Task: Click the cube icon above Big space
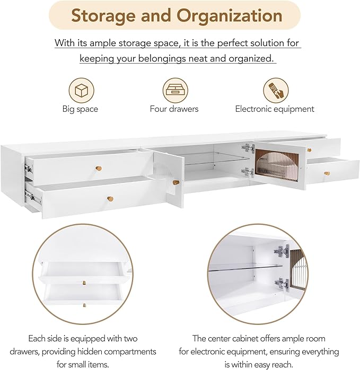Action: tap(82, 90)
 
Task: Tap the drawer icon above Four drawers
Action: tap(175, 90)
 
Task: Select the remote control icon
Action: tap(276, 90)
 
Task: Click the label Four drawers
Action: tap(174, 109)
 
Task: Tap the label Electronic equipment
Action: tap(275, 109)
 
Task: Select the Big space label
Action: tap(80, 109)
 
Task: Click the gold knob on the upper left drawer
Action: tap(99, 169)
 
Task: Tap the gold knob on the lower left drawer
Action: tap(110, 199)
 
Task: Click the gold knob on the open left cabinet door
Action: tap(176, 183)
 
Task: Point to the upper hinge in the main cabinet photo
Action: tap(248, 148)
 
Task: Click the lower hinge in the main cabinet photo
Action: tap(248, 172)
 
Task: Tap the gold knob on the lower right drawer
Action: tap(327, 173)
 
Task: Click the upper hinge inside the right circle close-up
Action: tap(282, 252)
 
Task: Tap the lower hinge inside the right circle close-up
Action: tap(282, 284)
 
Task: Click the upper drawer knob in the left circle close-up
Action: tap(84, 283)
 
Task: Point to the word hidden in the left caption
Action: tap(90, 351)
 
